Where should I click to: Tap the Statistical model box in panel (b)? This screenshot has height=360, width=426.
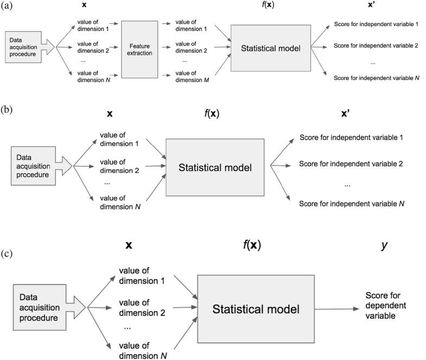pos(215,167)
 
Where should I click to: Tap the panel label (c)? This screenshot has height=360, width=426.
pos(8,253)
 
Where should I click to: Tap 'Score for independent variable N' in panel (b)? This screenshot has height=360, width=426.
pos(351,204)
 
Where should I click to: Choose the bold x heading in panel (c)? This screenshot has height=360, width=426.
pos(129,245)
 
